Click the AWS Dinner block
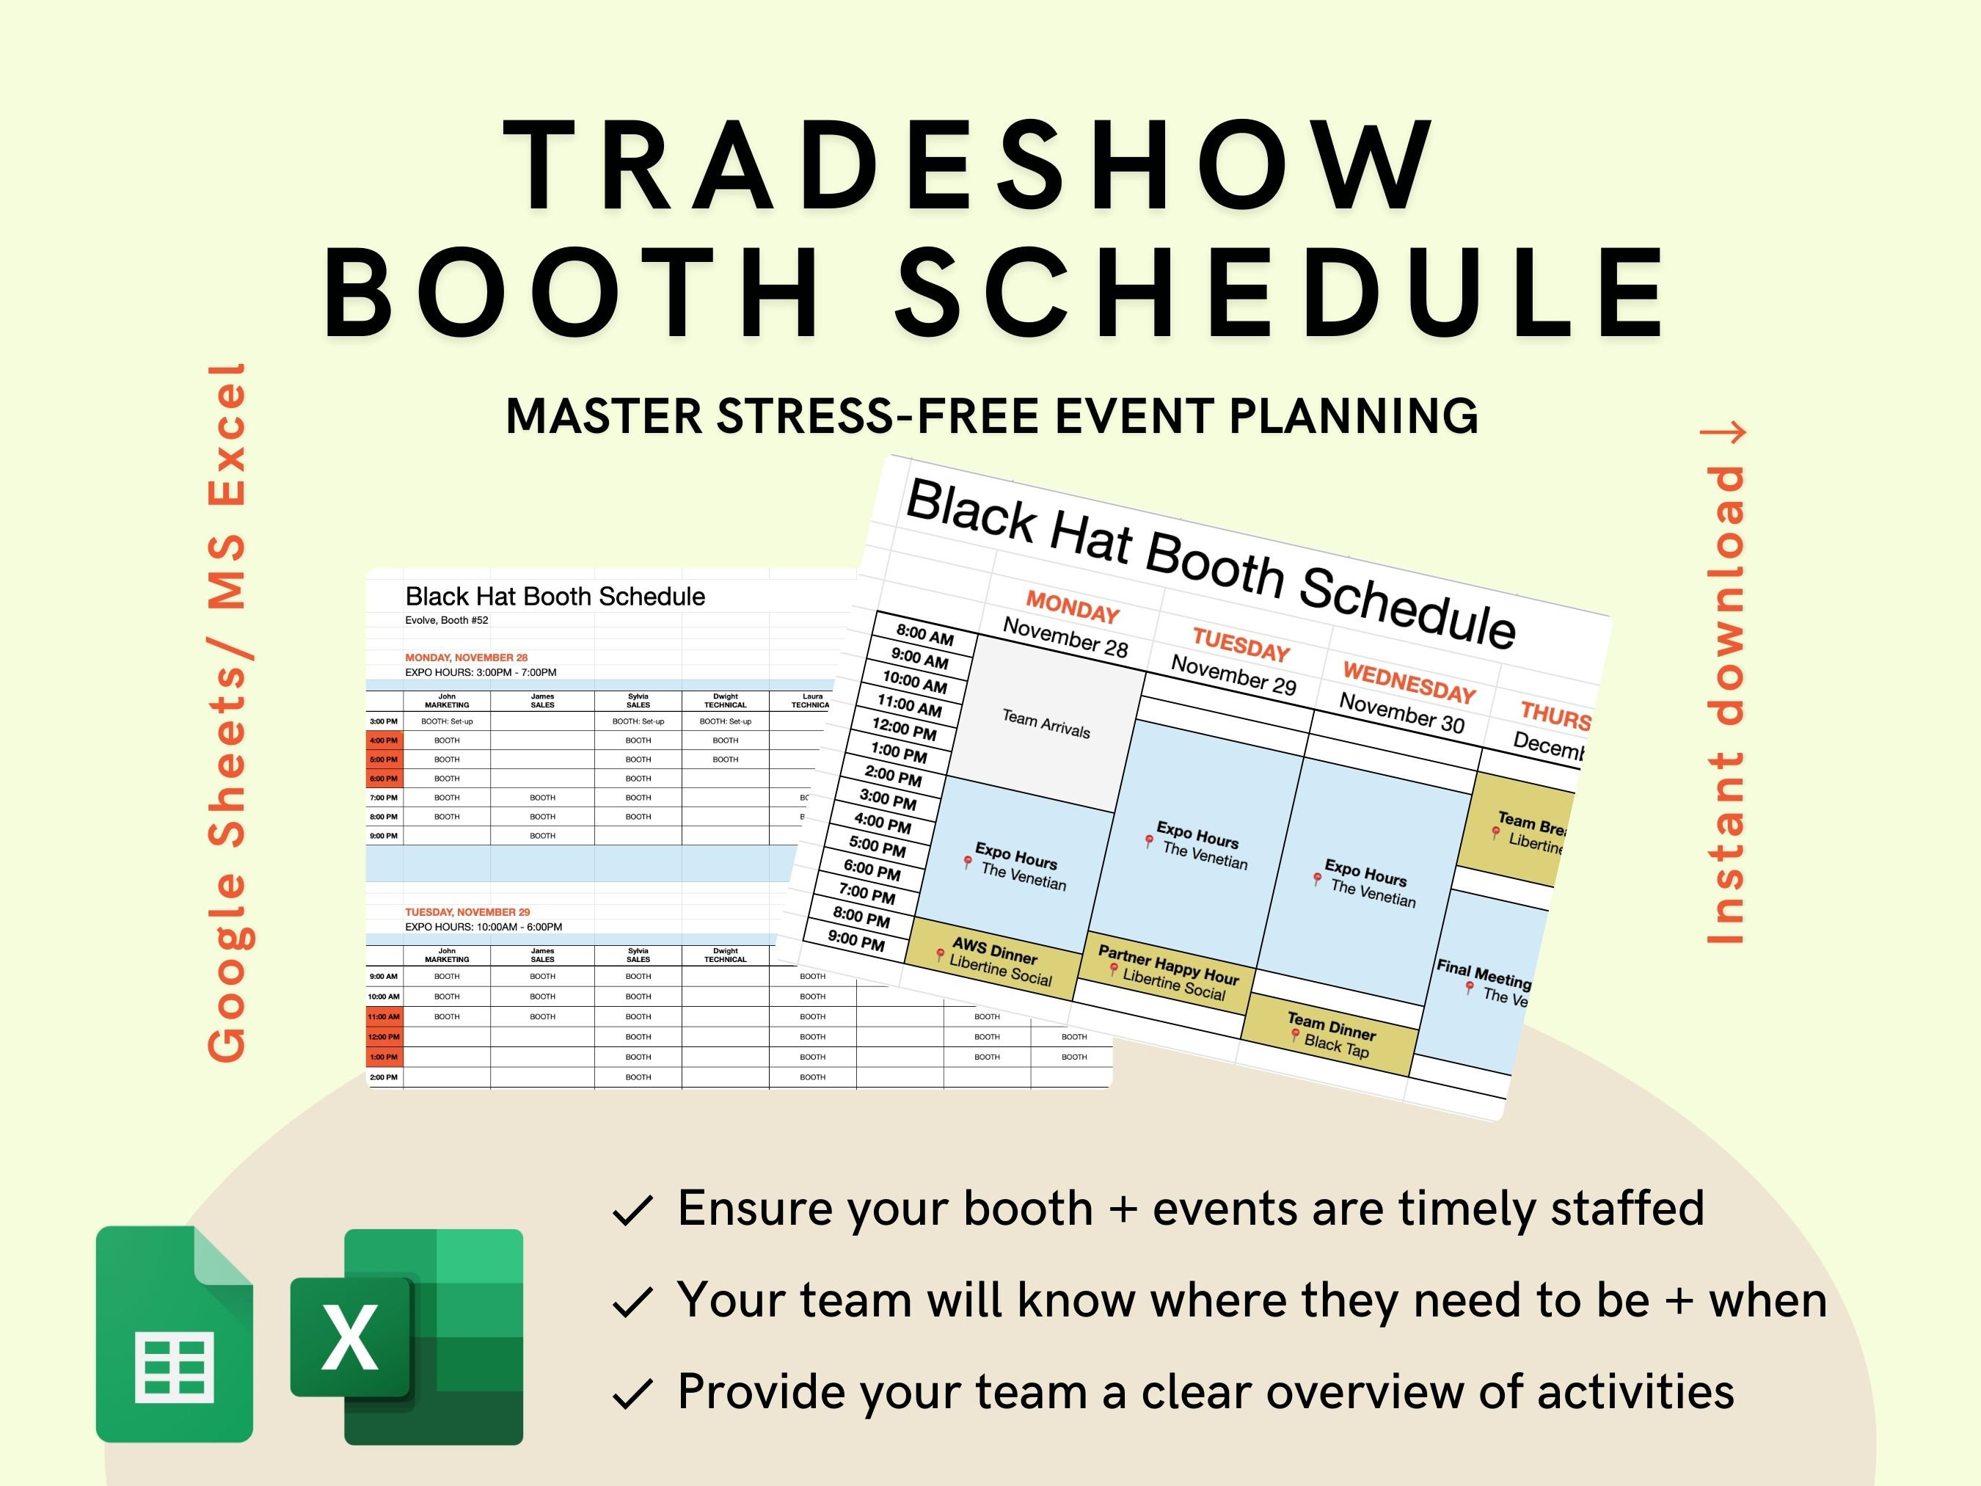[x=994, y=962]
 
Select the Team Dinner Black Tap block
[x=1331, y=1035]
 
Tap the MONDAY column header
[x=1072, y=608]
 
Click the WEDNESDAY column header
[x=1409, y=682]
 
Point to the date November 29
[x=1233, y=674]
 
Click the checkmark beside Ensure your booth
[x=632, y=1211]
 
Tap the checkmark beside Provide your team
[x=632, y=1394]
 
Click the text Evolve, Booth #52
[x=446, y=620]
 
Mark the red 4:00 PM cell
[x=384, y=740]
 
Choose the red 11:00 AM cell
[x=384, y=1016]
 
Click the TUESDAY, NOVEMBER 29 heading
[x=467, y=912]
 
